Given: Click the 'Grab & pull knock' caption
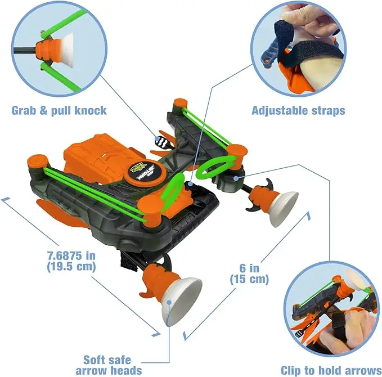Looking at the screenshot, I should tap(59, 110).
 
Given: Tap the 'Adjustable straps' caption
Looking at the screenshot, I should tap(298, 111).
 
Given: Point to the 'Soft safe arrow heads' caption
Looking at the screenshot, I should tap(109, 364).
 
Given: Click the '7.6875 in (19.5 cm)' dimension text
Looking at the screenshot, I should tap(70, 261).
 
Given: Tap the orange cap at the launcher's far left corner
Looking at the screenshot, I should tap(37, 163).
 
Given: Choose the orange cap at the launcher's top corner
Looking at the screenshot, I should tap(180, 105).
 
